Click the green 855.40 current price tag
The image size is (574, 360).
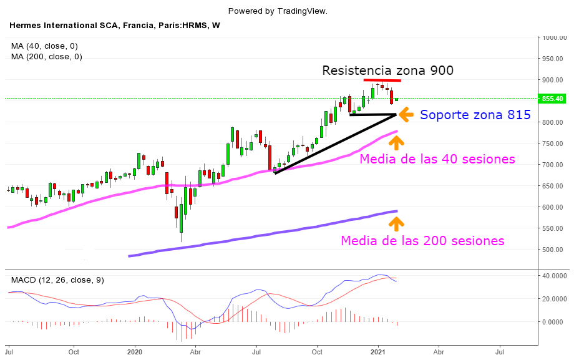[x=553, y=99]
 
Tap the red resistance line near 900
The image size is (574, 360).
[x=382, y=80]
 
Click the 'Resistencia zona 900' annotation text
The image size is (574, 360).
[x=387, y=70]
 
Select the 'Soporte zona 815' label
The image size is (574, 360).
[x=475, y=115]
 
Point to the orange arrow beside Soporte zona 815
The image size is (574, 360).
[x=406, y=114]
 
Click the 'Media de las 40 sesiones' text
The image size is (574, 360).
[x=437, y=158]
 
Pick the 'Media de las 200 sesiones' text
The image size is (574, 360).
[x=422, y=240]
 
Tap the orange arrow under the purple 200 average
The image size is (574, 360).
[x=397, y=222]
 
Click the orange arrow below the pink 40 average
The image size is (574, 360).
[x=397, y=142]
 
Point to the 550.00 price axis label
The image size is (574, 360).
[x=554, y=228]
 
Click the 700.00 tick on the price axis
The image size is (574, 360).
[x=554, y=165]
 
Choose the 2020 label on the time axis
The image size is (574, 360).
[x=135, y=352]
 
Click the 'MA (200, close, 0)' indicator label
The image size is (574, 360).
[x=47, y=57]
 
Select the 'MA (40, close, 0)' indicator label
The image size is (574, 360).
[x=44, y=46]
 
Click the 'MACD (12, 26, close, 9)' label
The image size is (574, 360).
[x=56, y=280]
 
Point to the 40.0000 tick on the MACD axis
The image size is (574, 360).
[x=554, y=276]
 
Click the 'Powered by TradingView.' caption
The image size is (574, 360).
[x=278, y=11]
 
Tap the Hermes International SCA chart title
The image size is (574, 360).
[x=114, y=26]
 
